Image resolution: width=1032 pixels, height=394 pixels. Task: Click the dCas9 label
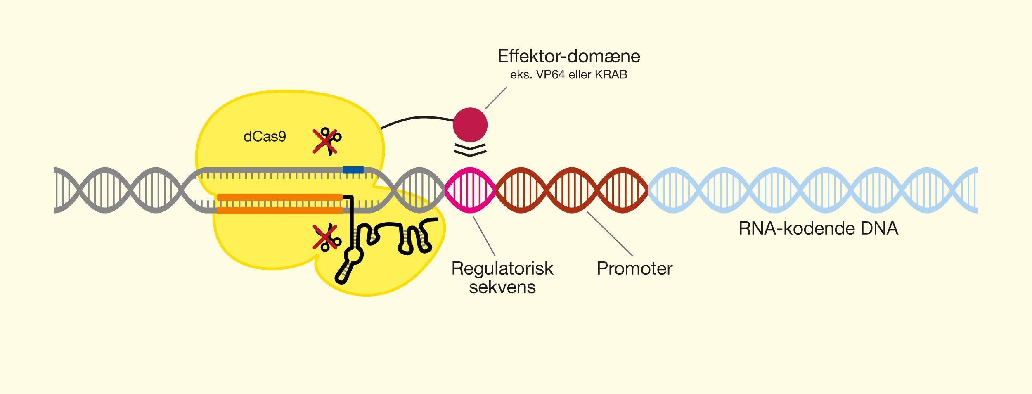tap(265, 137)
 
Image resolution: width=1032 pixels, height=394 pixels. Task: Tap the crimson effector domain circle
tap(470, 125)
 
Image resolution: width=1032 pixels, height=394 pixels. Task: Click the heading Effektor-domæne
tap(568, 56)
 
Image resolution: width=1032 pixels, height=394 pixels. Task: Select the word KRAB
tap(611, 75)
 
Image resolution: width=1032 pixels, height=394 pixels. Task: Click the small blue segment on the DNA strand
tap(353, 170)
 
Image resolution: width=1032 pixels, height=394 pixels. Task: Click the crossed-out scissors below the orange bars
tap(326, 237)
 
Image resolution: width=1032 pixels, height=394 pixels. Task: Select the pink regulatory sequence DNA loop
tap(470, 190)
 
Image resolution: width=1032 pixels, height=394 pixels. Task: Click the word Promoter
tap(634, 268)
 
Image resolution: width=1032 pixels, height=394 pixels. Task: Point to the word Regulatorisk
tap(502, 268)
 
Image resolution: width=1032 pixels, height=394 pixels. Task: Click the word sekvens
tap(502, 287)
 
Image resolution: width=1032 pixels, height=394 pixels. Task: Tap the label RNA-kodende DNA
tap(818, 228)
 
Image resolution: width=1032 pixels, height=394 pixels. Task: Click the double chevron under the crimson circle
tap(470, 150)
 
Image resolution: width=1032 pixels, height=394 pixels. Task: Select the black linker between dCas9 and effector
tap(417, 119)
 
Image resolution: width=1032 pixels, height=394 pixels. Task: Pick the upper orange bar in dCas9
tap(280, 197)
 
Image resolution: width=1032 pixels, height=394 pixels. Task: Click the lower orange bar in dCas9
tap(280, 211)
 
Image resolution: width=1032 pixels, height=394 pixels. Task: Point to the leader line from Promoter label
tap(609, 233)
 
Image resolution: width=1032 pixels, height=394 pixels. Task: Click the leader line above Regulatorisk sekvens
tap(484, 236)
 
